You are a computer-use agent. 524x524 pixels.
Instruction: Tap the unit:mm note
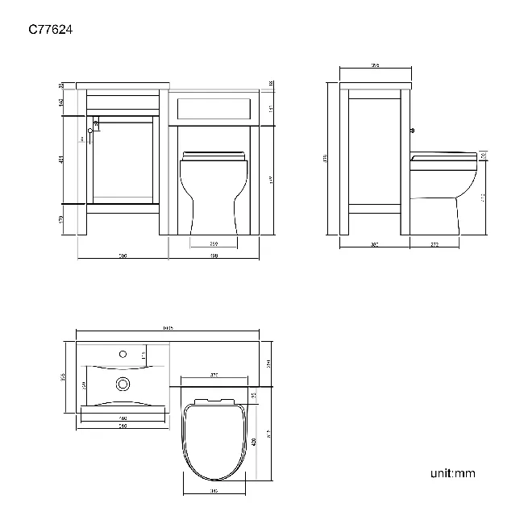(x=452, y=473)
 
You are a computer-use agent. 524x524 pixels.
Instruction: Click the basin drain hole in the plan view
(x=123, y=384)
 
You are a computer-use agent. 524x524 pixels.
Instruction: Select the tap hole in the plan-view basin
(x=123, y=353)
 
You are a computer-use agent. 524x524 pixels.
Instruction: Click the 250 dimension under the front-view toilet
(x=214, y=243)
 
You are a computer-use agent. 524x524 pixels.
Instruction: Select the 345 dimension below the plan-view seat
(x=214, y=490)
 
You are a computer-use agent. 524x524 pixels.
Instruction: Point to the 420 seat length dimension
(x=253, y=442)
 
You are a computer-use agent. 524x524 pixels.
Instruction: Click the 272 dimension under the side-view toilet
(x=434, y=243)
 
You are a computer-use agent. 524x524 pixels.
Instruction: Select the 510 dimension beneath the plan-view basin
(x=123, y=426)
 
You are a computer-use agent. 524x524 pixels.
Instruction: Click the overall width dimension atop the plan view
(x=168, y=328)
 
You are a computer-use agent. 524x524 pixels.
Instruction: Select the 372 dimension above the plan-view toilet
(x=214, y=376)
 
